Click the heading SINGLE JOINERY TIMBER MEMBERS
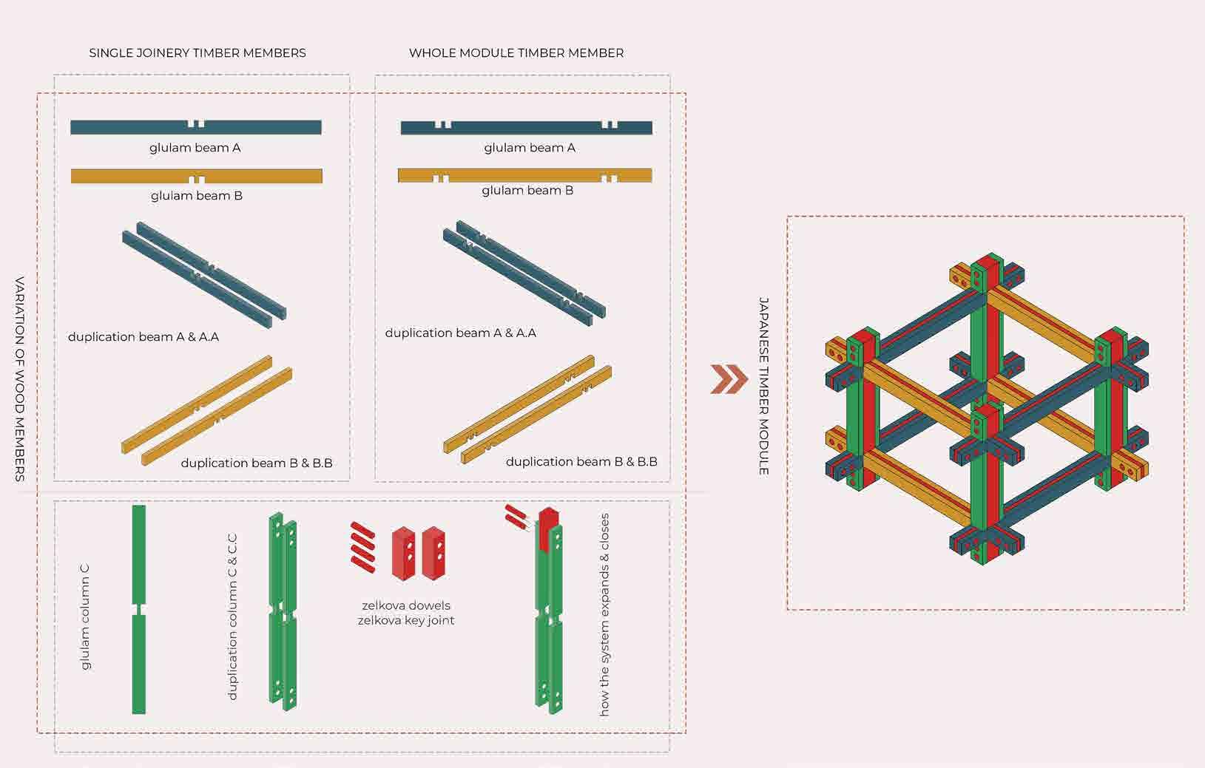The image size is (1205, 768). (198, 53)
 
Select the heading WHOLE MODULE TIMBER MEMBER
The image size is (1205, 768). (516, 53)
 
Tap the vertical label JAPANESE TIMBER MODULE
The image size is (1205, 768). (764, 386)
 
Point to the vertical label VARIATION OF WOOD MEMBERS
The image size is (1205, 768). (21, 378)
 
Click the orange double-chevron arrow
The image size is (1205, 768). (729, 379)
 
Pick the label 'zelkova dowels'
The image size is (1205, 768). (406, 605)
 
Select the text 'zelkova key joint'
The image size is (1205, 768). (406, 620)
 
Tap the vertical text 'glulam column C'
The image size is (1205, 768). (85, 617)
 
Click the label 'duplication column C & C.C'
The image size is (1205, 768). (232, 617)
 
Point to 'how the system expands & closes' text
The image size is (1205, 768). (604, 614)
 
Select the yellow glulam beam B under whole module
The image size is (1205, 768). (525, 175)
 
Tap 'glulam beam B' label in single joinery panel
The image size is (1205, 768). (197, 196)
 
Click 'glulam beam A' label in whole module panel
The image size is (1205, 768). (530, 148)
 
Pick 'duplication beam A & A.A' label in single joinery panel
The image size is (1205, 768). (144, 337)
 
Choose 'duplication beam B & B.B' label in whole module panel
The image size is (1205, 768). (581, 461)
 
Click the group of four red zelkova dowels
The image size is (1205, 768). (363, 547)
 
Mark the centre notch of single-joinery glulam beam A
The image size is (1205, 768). (196, 123)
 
